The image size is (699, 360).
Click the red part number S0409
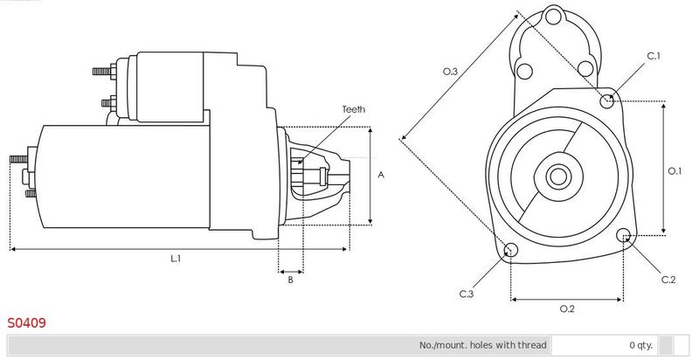pos(26,322)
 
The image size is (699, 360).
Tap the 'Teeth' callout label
pos(354,109)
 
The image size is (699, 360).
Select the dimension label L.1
pos(176,258)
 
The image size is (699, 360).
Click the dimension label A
pos(381,175)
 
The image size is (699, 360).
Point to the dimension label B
pos(290,280)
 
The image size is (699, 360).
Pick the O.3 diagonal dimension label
pos(450,72)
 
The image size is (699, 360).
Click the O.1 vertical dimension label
pos(675,170)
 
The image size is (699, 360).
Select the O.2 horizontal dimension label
pos(566,308)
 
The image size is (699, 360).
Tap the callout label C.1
pos(654,56)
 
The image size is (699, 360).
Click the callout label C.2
pos(668,280)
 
